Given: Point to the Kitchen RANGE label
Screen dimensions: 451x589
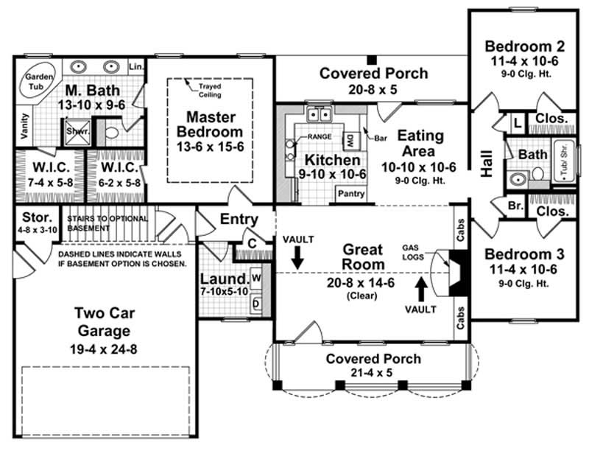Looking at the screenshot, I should point(319,137).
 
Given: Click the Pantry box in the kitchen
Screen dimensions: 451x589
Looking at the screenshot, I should point(351,193).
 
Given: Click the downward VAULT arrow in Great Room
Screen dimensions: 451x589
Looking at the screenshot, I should point(297,256).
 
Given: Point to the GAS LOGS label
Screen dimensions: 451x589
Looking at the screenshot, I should point(414,251).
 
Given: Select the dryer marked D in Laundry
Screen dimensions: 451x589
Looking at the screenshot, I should point(257,303).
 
